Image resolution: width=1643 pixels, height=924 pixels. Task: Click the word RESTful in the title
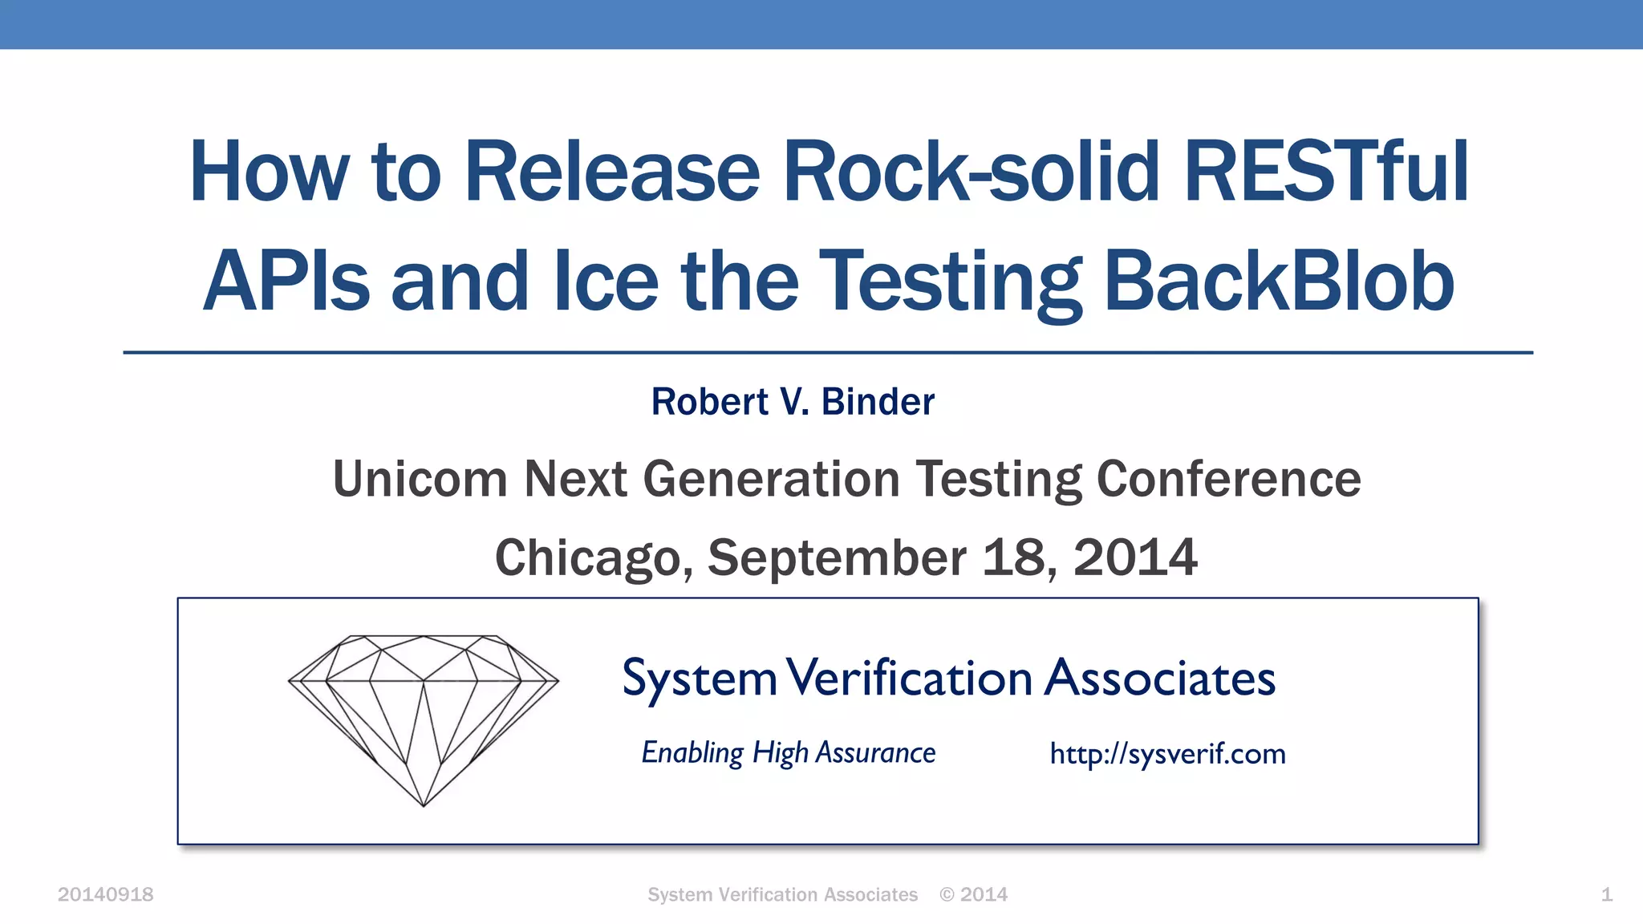tap(1326, 172)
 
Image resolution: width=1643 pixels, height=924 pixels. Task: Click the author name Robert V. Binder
tap(793, 402)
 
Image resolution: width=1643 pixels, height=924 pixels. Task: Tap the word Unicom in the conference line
tap(420, 479)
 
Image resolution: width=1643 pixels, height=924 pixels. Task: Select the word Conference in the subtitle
tap(1228, 479)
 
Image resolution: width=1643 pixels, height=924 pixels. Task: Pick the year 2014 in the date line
tap(1135, 557)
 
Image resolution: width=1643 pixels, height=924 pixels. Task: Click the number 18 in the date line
tap(1013, 557)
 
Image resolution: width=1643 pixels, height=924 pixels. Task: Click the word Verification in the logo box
tap(909, 679)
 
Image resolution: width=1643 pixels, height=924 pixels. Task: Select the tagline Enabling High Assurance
tap(788, 753)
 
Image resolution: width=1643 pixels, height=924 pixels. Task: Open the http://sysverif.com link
tap(1167, 754)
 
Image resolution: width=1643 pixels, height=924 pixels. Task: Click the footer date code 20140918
tap(105, 894)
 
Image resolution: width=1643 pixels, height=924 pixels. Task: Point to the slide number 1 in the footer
tap(1606, 894)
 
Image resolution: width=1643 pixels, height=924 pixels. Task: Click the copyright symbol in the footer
tap(947, 894)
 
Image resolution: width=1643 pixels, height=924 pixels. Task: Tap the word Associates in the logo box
tap(1160, 679)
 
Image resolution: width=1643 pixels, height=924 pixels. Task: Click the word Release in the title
tap(611, 172)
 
